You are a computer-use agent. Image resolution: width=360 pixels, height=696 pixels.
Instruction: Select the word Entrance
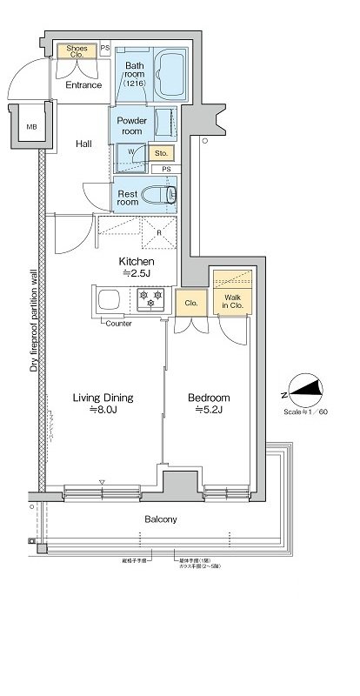tap(84, 85)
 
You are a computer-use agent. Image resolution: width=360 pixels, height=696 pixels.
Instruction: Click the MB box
tap(32, 127)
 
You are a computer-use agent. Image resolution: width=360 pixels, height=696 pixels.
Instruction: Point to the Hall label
tap(83, 144)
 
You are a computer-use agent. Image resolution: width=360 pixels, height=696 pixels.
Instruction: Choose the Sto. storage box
tap(161, 154)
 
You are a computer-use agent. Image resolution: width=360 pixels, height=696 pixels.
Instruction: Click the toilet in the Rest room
tap(160, 195)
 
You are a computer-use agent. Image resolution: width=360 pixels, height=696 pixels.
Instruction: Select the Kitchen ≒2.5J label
tap(137, 268)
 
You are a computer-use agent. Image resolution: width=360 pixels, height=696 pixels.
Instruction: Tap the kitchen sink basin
tap(111, 301)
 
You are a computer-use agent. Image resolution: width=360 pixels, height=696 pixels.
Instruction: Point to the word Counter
tap(119, 324)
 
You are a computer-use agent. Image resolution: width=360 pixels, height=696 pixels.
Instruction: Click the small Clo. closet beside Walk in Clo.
tap(189, 303)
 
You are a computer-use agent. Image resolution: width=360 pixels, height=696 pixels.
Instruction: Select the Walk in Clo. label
tap(231, 301)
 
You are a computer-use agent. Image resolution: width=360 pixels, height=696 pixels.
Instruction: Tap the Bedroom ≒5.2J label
tap(209, 403)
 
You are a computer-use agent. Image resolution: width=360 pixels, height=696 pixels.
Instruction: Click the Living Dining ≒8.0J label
tap(103, 403)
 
